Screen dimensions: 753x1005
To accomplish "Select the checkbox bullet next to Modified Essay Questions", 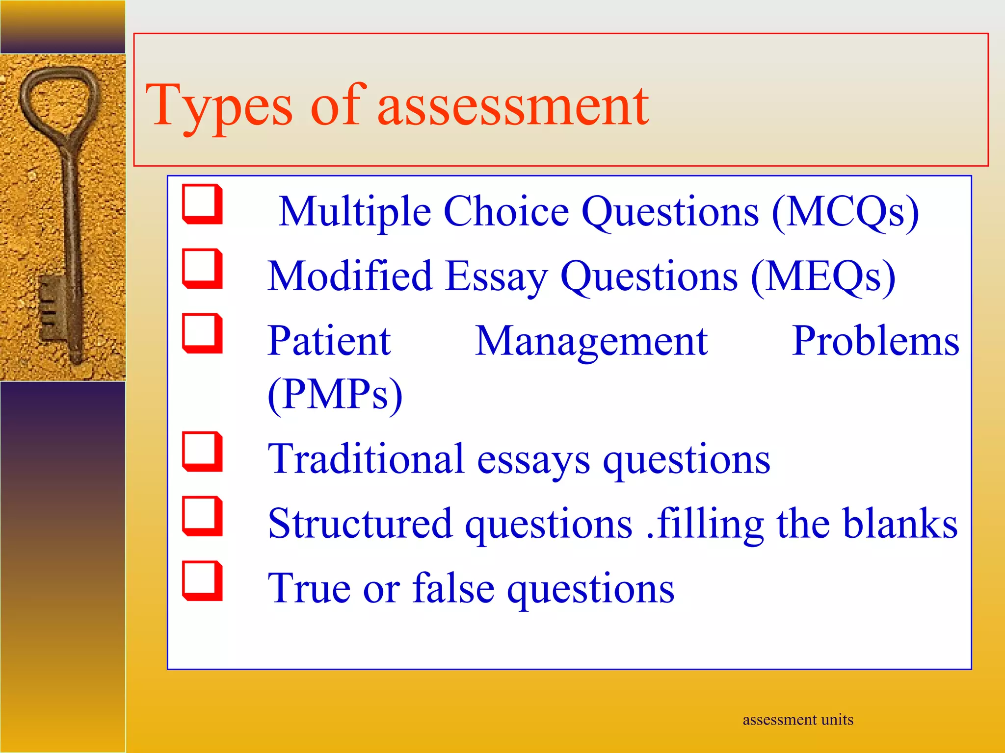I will click(x=202, y=269).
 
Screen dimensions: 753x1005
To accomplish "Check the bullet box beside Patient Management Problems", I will click(x=202, y=333).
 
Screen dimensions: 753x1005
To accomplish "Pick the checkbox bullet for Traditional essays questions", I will click(x=202, y=452).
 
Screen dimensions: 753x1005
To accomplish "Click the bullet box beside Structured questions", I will click(x=202, y=516).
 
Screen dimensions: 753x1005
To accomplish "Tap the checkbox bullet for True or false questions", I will click(x=202, y=581).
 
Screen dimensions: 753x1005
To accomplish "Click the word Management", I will click(x=591, y=341).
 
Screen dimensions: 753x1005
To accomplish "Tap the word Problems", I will click(x=875, y=341).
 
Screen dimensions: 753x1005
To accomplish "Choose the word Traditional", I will click(x=366, y=459).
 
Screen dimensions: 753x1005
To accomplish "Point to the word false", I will click(x=453, y=588).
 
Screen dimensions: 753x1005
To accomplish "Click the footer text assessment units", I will click(x=798, y=720).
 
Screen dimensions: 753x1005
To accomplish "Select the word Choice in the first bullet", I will click(x=506, y=212).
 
